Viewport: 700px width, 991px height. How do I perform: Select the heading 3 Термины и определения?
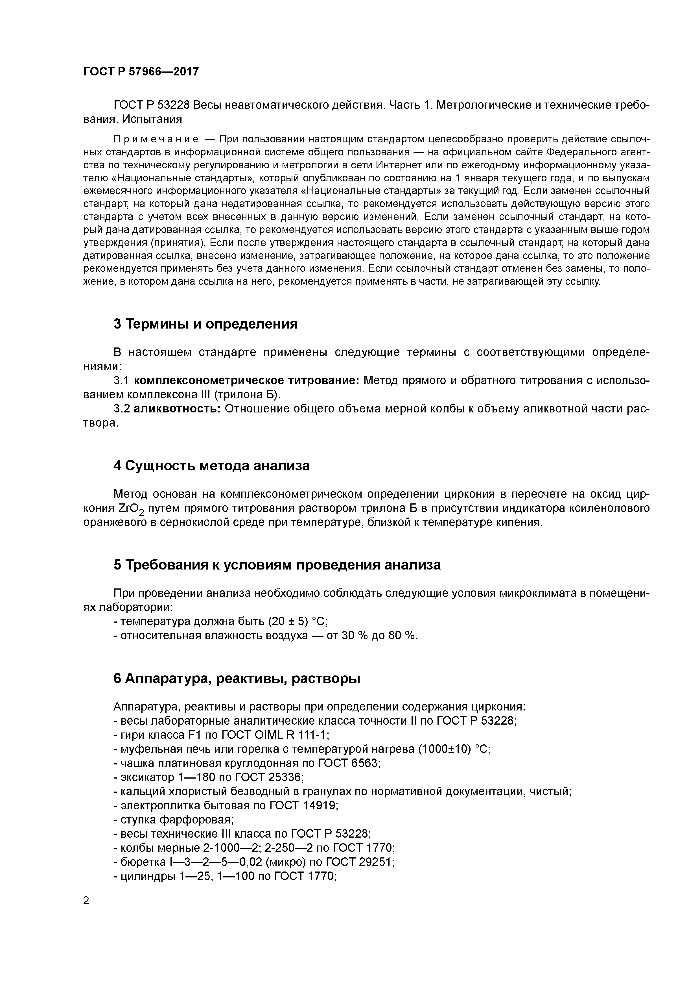[x=205, y=324]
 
